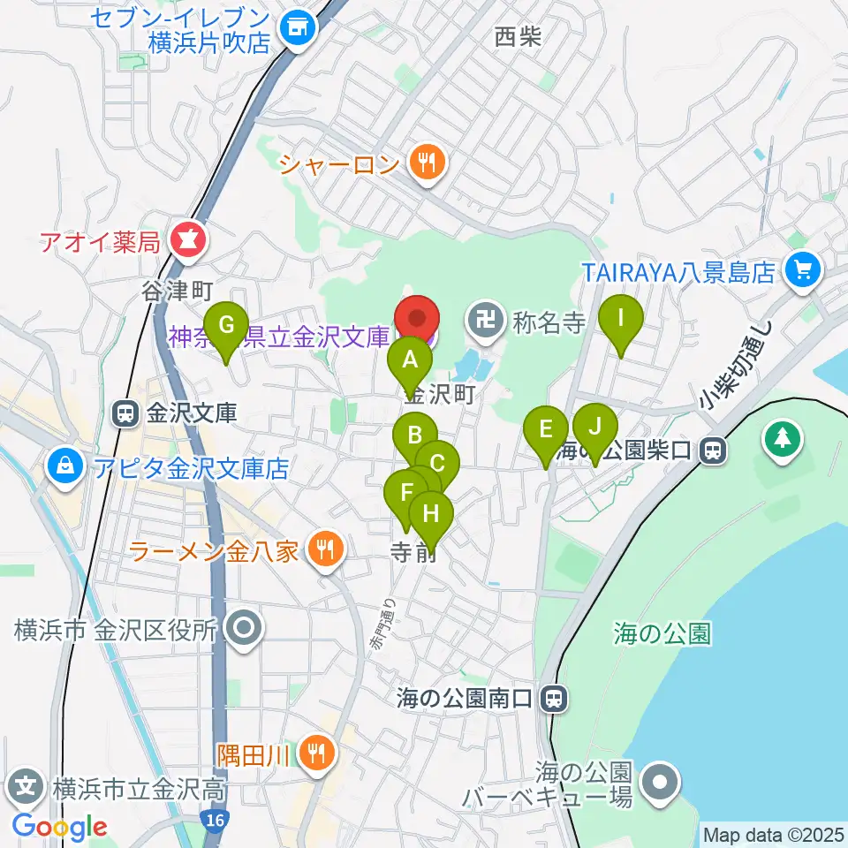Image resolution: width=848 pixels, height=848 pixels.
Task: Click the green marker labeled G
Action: tap(226, 328)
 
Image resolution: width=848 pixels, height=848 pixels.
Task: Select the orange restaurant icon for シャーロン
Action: tap(428, 162)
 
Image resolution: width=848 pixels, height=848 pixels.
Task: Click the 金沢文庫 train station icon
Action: tap(126, 413)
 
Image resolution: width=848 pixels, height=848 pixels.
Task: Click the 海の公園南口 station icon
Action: tap(553, 700)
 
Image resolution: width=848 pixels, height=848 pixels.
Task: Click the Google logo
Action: tap(59, 827)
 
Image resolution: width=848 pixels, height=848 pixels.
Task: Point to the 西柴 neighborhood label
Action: tap(518, 36)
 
